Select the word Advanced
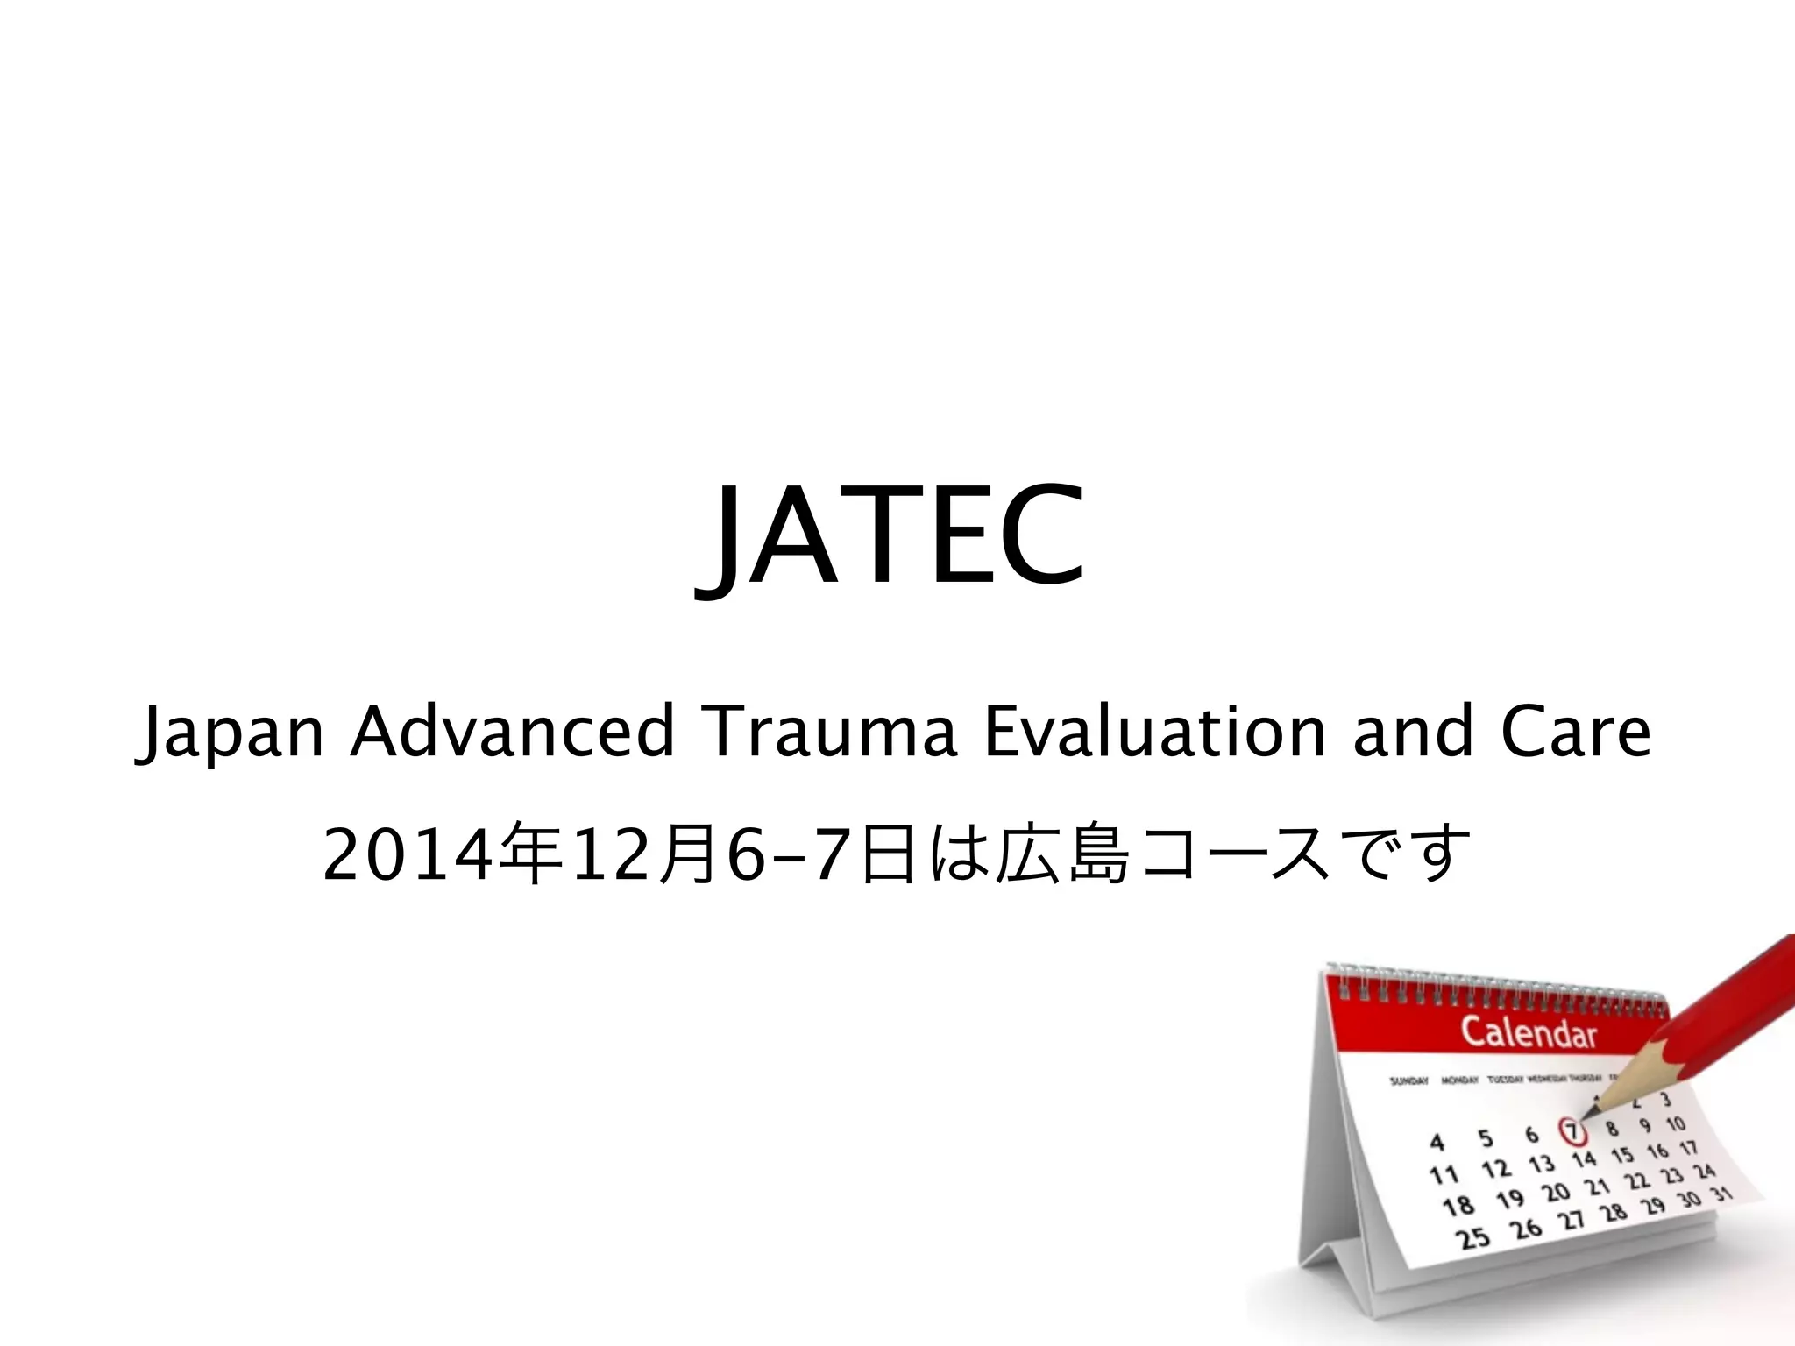pyautogui.click(x=513, y=732)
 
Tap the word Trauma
pyautogui.click(x=829, y=732)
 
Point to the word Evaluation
pyautogui.click(x=1154, y=732)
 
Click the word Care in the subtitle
pyautogui.click(x=1575, y=732)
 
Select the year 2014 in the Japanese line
pyautogui.click(x=407, y=855)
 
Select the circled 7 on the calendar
pyautogui.click(x=1572, y=1131)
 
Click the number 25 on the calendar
pyautogui.click(x=1472, y=1238)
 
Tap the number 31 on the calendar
pyautogui.click(x=1722, y=1194)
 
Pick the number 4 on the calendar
pyautogui.click(x=1437, y=1143)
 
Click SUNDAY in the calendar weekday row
pyautogui.click(x=1408, y=1081)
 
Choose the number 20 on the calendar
pyautogui.click(x=1556, y=1193)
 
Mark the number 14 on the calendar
pyautogui.click(x=1584, y=1160)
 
